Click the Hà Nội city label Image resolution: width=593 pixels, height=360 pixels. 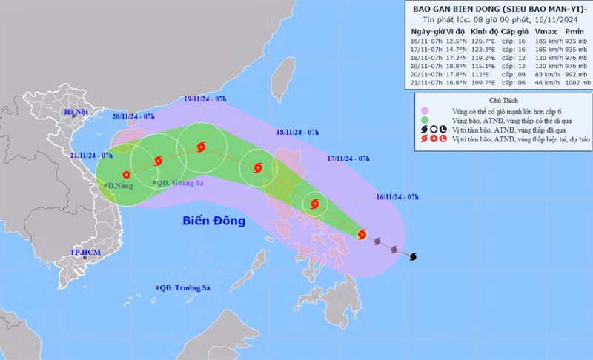pyautogui.click(x=76, y=113)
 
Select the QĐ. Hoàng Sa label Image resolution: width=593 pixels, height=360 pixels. pyautogui.click(x=178, y=183)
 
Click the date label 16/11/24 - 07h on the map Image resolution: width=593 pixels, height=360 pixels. pyautogui.click(x=397, y=196)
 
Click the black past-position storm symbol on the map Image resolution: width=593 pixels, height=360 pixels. pyautogui.click(x=413, y=256)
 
